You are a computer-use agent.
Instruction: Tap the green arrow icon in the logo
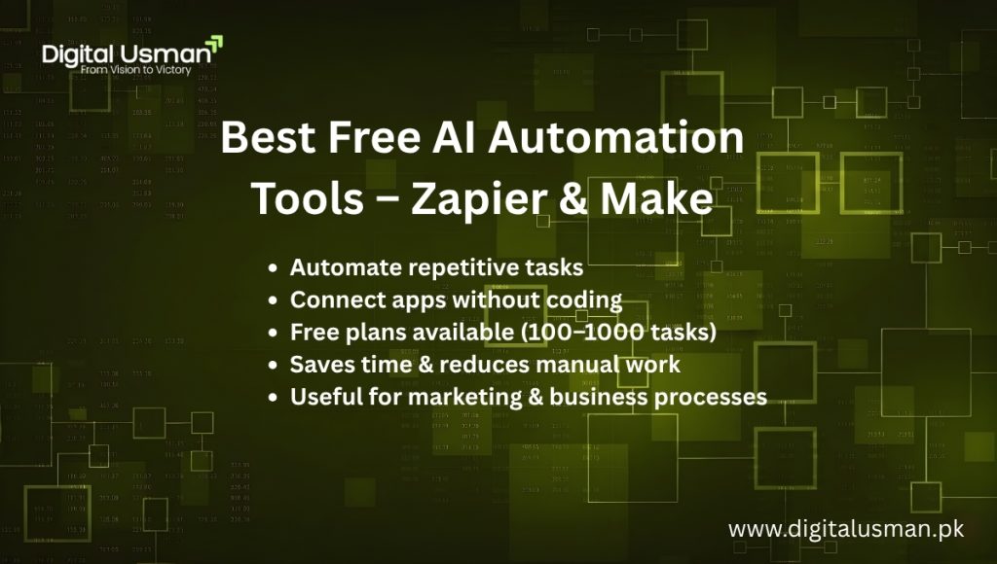pos(215,43)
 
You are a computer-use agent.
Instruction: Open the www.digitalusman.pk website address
pos(845,529)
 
